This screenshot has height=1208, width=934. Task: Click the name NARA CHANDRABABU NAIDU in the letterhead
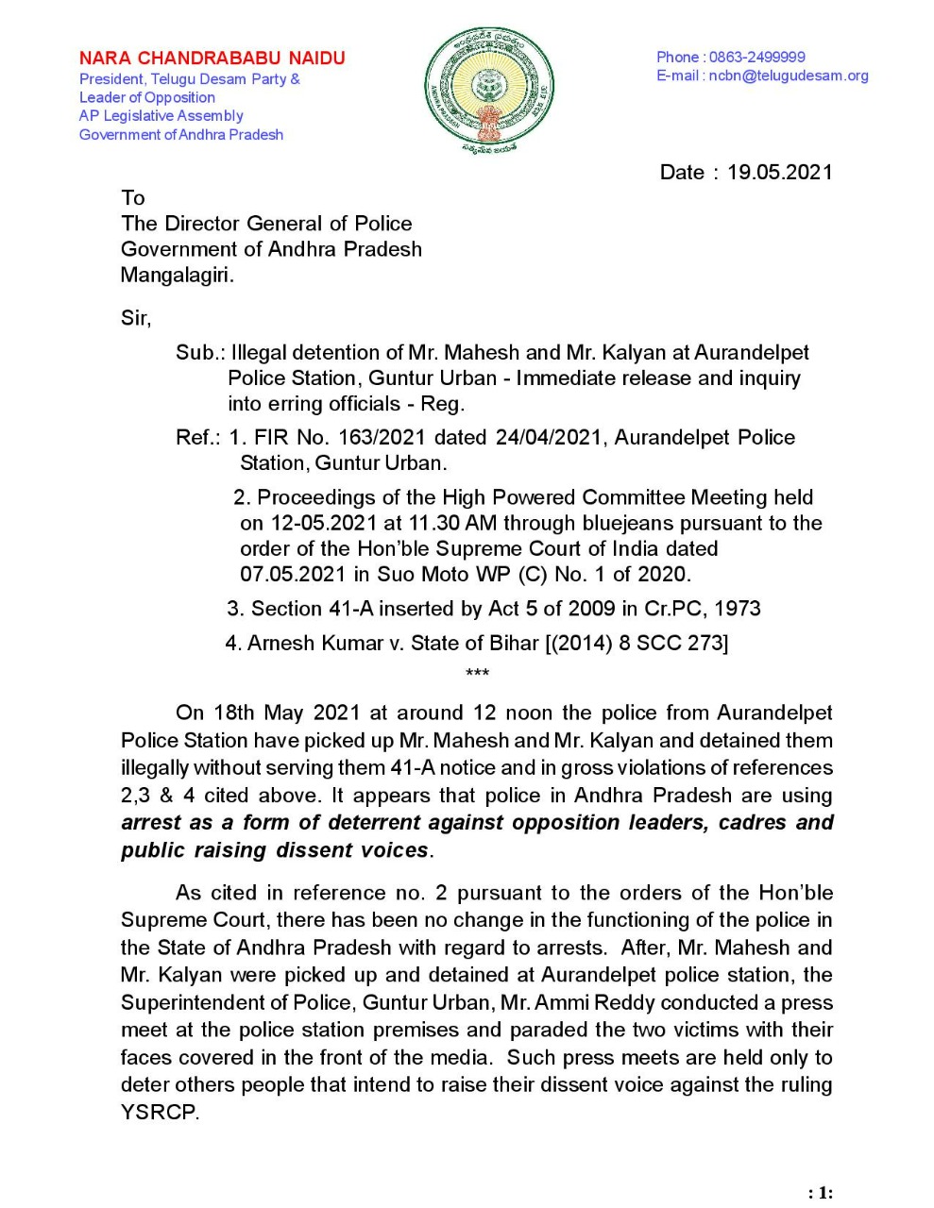[212, 59]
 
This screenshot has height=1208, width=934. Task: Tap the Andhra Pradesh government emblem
[488, 92]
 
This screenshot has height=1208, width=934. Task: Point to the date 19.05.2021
[779, 173]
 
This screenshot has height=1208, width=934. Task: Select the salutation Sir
[134, 318]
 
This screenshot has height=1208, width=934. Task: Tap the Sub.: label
[199, 353]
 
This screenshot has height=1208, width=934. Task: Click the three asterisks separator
[477, 673]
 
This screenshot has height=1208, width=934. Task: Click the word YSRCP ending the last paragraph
[158, 1112]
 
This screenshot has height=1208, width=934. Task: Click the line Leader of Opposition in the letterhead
[147, 97]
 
